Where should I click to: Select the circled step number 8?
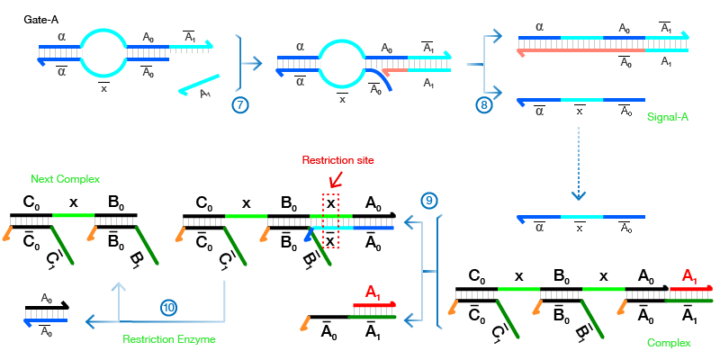tap(483, 104)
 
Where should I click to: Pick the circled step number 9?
tap(427, 200)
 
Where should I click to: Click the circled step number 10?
tap(168, 307)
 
